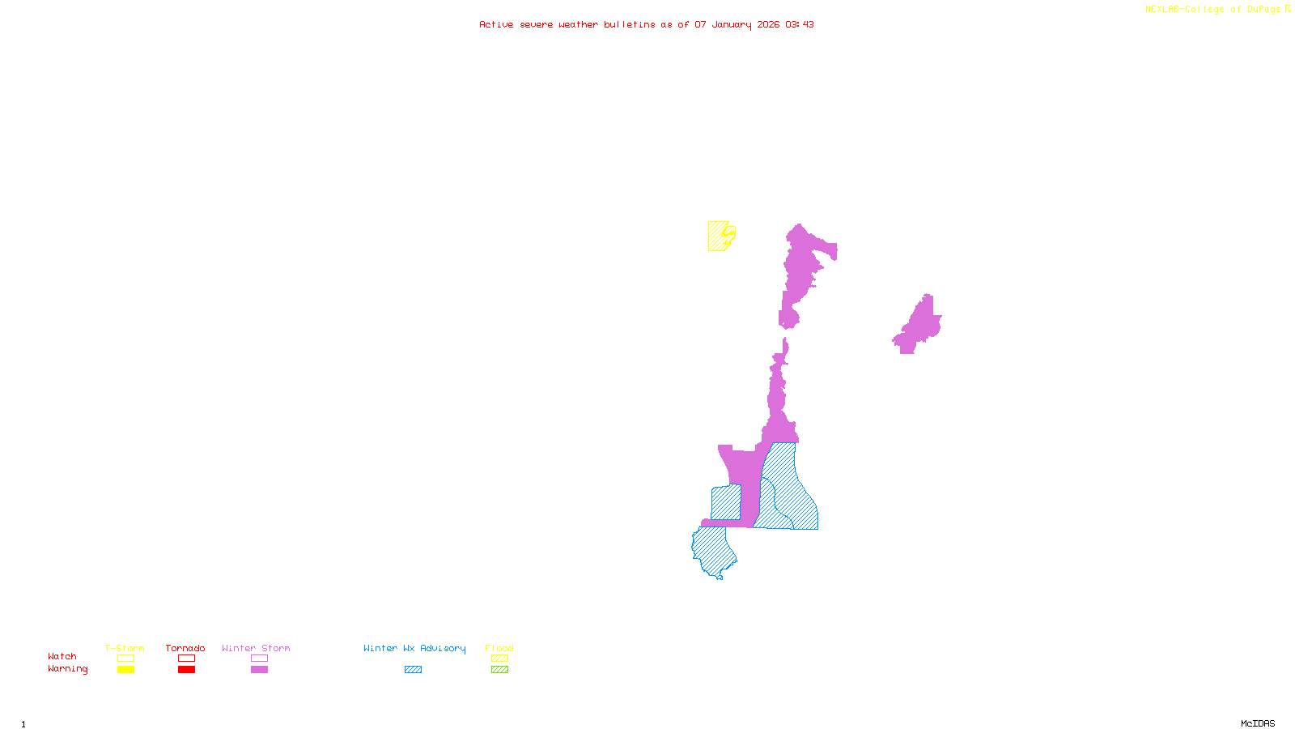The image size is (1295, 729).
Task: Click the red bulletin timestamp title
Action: [x=646, y=24]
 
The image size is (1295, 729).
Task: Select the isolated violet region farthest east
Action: [x=920, y=326]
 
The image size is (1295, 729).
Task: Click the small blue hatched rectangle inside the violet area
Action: [x=726, y=502]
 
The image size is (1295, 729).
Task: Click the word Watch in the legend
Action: [x=62, y=657]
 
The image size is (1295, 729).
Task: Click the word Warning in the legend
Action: [x=67, y=669]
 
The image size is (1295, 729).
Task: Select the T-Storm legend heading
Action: [x=125, y=648]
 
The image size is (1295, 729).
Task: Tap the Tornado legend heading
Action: [x=185, y=648]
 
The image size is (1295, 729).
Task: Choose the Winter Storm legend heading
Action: [x=256, y=648]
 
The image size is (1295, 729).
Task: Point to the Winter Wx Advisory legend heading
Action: [x=414, y=648]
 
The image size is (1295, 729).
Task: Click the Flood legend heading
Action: [x=499, y=648]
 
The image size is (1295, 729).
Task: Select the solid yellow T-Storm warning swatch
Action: [x=125, y=670]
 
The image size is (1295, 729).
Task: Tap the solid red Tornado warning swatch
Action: [x=187, y=670]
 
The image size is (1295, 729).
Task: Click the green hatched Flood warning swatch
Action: [x=500, y=670]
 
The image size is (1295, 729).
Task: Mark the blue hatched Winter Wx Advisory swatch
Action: [x=413, y=670]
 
